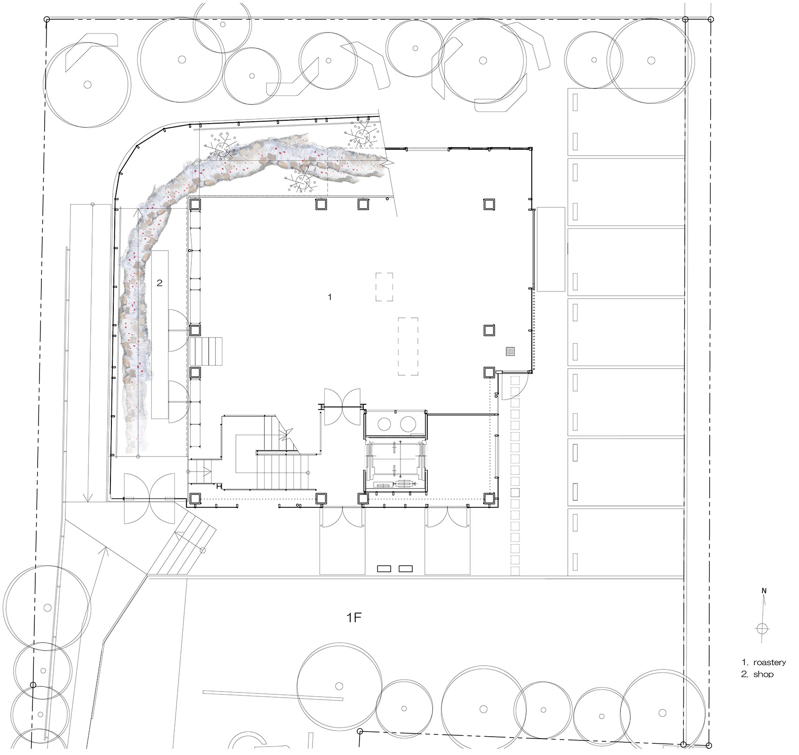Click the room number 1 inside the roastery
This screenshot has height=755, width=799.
[x=330, y=297]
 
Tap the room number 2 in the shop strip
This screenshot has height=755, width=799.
[x=160, y=283]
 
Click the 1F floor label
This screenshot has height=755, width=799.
[x=354, y=618]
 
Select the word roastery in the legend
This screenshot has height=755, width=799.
[x=769, y=662]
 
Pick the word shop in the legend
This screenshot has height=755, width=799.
[x=763, y=674]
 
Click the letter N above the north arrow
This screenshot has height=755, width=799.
[x=764, y=591]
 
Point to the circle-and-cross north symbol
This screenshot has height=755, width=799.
[x=762, y=629]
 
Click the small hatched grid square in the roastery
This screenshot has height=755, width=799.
[x=510, y=351]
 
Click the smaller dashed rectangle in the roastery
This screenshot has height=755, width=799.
[x=384, y=287]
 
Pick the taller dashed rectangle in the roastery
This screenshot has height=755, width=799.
[x=408, y=346]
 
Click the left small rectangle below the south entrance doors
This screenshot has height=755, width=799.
[x=384, y=569]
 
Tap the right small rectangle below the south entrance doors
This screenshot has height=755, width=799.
[x=406, y=569]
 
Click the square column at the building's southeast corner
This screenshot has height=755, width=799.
[x=489, y=499]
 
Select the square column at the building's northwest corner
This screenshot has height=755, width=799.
[x=195, y=204]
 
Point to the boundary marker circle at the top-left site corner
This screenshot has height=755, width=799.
[x=46, y=19]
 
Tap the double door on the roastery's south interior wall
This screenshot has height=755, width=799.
[x=342, y=407]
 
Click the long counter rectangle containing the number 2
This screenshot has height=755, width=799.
[x=160, y=334]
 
